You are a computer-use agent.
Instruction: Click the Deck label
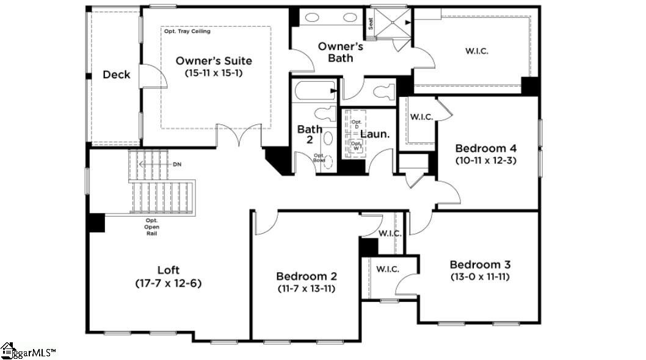[x=116, y=74]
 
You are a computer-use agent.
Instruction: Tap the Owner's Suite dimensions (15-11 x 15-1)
[x=214, y=73]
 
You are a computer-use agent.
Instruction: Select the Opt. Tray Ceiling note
[x=187, y=31]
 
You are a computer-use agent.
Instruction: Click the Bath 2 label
[x=309, y=134]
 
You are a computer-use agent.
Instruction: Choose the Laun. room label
[x=374, y=134]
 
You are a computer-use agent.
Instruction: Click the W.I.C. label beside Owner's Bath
[x=476, y=51]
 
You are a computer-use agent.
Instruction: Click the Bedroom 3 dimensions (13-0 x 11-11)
[x=480, y=276]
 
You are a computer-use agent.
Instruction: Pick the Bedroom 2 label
[x=306, y=276]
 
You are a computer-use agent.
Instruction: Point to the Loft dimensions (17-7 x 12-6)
[x=169, y=283]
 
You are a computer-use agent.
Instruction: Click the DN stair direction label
[x=177, y=164]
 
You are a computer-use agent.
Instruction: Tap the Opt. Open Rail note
[x=152, y=227]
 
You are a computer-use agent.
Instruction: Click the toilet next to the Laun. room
[x=384, y=93]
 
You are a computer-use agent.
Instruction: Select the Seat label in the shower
[x=371, y=23]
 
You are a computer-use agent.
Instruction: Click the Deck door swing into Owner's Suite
[x=154, y=77]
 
